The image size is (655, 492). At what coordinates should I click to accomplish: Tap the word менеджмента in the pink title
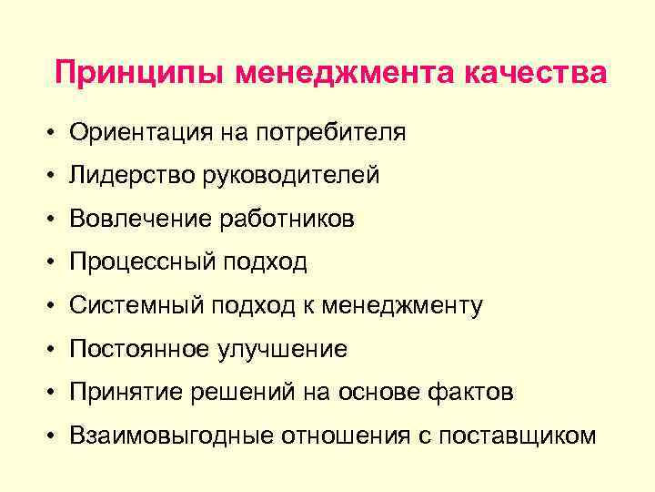click(348, 73)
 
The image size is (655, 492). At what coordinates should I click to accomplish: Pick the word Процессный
click(140, 262)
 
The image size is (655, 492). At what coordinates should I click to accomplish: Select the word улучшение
click(283, 349)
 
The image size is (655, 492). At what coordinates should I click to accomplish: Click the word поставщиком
click(518, 436)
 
